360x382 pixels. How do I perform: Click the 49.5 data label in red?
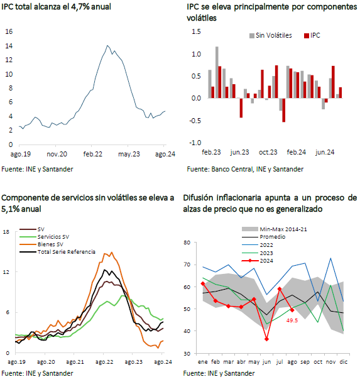point(292,320)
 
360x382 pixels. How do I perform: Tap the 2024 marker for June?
point(267,339)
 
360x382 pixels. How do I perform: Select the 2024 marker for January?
point(203,283)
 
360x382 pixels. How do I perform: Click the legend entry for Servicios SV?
point(45,237)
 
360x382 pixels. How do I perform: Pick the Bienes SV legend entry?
point(41,244)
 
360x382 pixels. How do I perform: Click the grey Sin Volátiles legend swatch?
point(252,36)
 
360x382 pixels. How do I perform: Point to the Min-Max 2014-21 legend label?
point(283,229)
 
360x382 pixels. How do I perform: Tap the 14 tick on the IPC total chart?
point(9,46)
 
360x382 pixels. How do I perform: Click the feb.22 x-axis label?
point(93,154)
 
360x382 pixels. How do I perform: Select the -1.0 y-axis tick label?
point(195,143)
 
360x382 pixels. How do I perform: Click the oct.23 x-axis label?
point(268,153)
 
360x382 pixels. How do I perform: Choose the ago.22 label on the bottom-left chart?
point(104,362)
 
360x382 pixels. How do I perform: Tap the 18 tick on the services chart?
point(6,232)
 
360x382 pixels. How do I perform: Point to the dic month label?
point(344,362)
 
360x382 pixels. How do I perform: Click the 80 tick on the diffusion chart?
point(187,243)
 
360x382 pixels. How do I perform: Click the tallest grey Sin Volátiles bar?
point(217,72)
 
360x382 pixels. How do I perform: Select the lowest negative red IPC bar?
point(284,110)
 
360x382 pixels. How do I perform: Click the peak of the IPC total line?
point(107,45)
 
